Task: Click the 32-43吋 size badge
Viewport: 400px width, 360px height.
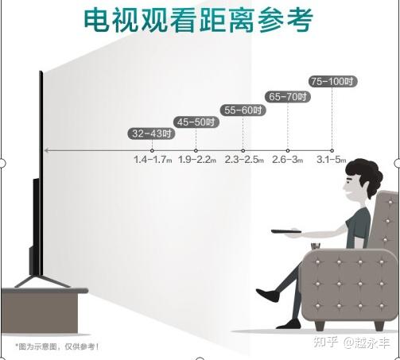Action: click(x=151, y=134)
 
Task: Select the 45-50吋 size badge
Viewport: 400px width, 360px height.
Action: click(x=196, y=122)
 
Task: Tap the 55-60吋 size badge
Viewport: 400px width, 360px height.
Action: click(x=243, y=110)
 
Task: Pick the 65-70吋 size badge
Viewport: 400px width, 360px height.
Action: click(x=288, y=97)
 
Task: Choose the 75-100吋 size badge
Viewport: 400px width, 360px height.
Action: click(x=332, y=81)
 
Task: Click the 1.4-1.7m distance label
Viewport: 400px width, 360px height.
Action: click(x=153, y=160)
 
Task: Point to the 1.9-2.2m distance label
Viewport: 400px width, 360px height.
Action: click(x=197, y=160)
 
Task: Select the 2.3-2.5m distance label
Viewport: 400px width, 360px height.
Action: click(x=244, y=160)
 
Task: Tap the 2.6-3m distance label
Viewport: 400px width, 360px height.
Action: click(x=288, y=160)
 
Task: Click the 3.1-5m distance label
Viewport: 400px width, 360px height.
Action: click(x=332, y=160)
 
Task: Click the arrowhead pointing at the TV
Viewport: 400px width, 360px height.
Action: click(x=46, y=150)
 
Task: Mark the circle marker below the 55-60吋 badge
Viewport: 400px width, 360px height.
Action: click(x=243, y=150)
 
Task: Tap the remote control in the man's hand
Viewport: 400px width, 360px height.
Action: click(x=286, y=231)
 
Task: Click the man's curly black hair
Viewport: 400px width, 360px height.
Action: click(x=366, y=176)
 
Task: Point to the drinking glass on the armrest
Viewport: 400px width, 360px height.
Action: click(x=316, y=246)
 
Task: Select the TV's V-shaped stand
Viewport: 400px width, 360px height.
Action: click(x=42, y=281)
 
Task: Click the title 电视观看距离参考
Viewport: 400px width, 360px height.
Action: click(x=198, y=21)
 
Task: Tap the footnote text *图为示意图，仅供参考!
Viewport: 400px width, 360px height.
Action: click(x=57, y=346)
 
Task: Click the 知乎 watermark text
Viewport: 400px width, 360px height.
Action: click(x=326, y=342)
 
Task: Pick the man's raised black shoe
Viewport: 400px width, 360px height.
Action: click(x=267, y=295)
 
